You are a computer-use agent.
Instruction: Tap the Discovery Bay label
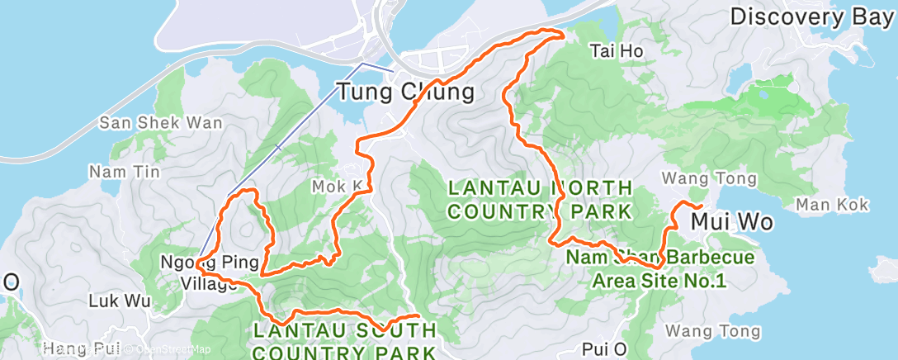[x=812, y=16]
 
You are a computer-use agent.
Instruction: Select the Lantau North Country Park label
[x=540, y=199]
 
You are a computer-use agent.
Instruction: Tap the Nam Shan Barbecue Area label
[x=659, y=269]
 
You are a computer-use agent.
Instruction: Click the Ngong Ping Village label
[x=202, y=272]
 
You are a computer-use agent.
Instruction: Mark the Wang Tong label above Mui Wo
[x=709, y=178]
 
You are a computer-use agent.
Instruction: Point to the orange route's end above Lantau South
[x=418, y=315]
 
